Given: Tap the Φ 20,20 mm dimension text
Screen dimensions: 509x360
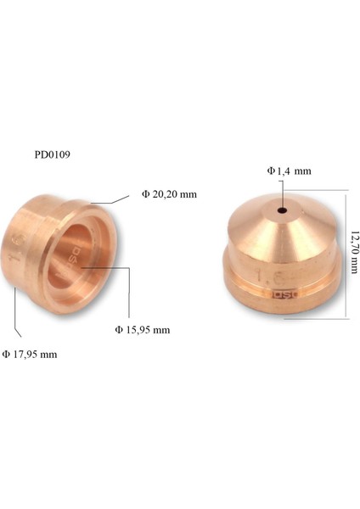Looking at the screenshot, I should click(169, 194).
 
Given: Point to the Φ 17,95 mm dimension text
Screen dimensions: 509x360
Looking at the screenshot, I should click(30, 354).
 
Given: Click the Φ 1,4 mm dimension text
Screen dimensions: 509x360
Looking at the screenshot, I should click(289, 171).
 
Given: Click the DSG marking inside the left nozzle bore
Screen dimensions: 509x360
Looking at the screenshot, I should click(74, 259).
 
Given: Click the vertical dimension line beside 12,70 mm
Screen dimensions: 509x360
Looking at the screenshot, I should click(346, 255).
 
